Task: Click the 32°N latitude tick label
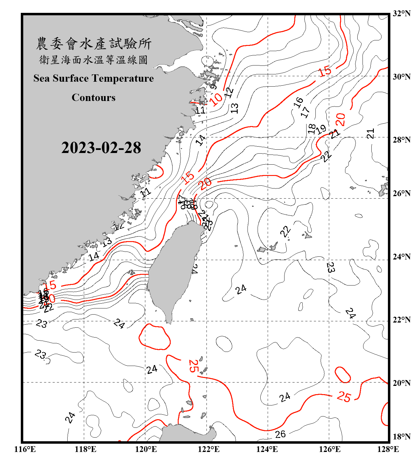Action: tap(401, 13)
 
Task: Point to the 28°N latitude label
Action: tap(401, 140)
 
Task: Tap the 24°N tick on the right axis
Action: tap(401, 256)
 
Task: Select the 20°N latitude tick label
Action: tap(401, 383)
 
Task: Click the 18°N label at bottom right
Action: tap(401, 437)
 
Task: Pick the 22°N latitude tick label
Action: tap(401, 320)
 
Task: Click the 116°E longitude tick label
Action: tap(25, 449)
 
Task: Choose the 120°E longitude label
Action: tap(146, 449)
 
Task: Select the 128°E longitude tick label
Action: tap(388, 449)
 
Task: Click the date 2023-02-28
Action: tap(101, 147)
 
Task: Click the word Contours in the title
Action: tap(94, 97)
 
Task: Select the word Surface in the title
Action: tap(71, 78)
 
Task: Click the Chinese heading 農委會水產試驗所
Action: tap(94, 44)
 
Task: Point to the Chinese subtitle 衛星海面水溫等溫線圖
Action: tap(94, 60)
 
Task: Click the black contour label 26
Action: tap(280, 434)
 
